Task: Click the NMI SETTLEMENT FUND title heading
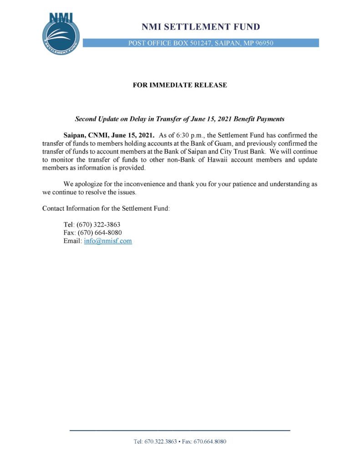tap(201, 27)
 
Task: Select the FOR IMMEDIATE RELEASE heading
tap(180, 85)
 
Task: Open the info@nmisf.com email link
tap(108, 241)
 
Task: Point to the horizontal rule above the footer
tap(180, 431)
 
